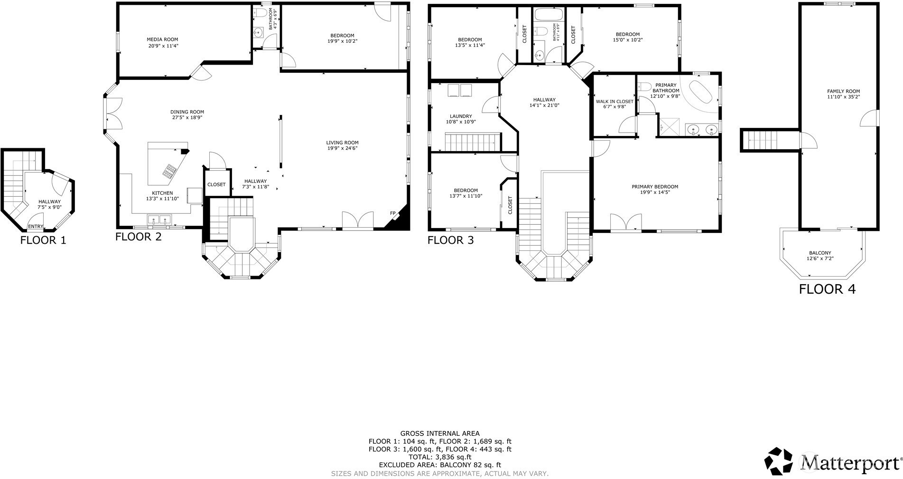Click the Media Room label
point(162,39)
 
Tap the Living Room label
point(342,143)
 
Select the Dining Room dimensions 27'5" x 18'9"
point(187,118)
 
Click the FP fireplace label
point(393,213)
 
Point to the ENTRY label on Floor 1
point(36,227)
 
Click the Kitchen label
point(162,192)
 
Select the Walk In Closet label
point(614,101)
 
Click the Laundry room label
point(461,116)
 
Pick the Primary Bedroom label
point(655,187)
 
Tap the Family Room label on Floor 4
point(843,91)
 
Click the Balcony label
point(820,253)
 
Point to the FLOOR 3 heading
point(451,240)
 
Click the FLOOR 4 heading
point(827,289)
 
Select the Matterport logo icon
point(779,461)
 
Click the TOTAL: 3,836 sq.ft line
point(440,457)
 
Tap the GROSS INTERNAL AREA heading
point(440,433)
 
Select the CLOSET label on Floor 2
point(216,184)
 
